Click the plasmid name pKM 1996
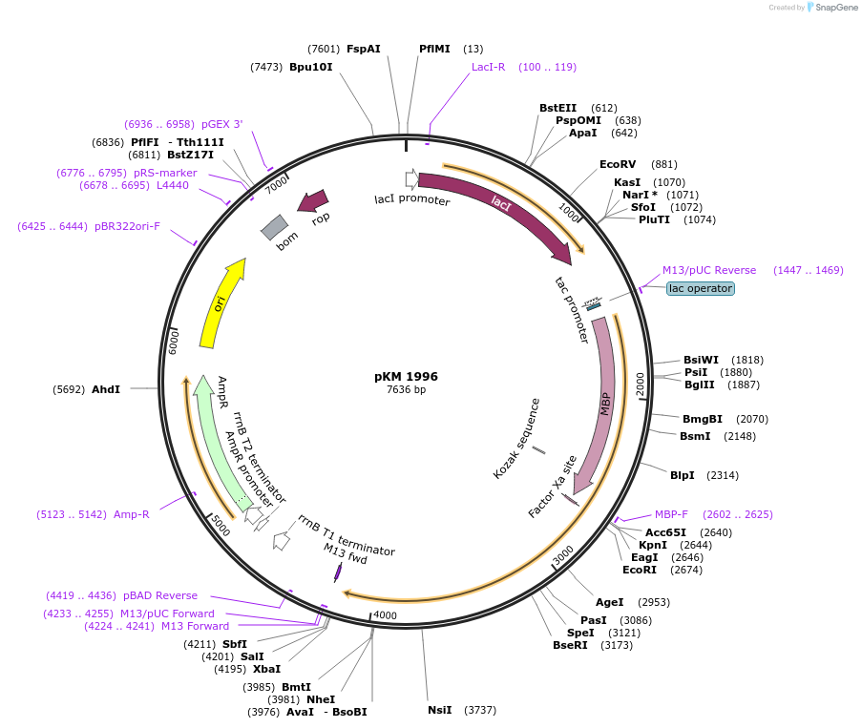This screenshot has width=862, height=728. coord(406,376)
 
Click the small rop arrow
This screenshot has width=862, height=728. coord(313,200)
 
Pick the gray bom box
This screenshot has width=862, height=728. coord(275,227)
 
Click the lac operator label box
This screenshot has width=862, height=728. coord(701,288)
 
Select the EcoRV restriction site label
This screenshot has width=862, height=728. coord(618,164)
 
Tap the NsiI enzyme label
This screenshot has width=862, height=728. coord(440,710)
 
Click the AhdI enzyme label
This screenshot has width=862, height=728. coord(106,389)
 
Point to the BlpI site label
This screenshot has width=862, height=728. coord(683,475)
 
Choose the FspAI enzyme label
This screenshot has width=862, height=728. coord(364,49)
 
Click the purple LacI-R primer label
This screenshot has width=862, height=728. coord(488,67)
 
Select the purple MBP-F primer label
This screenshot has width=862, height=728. coord(671,514)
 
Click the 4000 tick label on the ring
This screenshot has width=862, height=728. coord(385,615)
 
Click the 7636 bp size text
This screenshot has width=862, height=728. coord(406,389)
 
